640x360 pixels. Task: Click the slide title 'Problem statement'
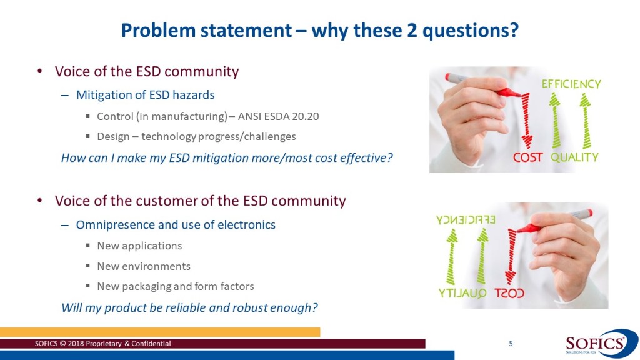click(206, 31)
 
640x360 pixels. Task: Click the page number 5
click(511, 344)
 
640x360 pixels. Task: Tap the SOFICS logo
click(601, 344)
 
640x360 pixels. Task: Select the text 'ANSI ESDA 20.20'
click(278, 116)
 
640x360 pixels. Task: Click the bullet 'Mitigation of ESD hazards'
click(145, 95)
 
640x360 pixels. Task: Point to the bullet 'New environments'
click(144, 266)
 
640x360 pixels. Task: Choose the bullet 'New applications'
click(139, 246)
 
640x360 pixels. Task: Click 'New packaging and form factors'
click(176, 286)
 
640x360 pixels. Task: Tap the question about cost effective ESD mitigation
click(227, 157)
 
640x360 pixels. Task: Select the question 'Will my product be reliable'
click(189, 307)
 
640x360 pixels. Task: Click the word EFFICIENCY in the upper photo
click(571, 84)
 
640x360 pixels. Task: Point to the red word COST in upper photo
click(527, 157)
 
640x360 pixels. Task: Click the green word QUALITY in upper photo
click(575, 157)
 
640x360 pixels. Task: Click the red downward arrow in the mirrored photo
click(511, 257)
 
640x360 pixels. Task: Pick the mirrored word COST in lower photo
click(509, 293)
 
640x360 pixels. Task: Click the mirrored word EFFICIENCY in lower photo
click(466, 220)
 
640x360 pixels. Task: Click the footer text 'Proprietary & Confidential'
click(127, 344)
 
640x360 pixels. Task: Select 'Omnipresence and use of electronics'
click(176, 225)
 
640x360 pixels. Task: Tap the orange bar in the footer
click(160, 332)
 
